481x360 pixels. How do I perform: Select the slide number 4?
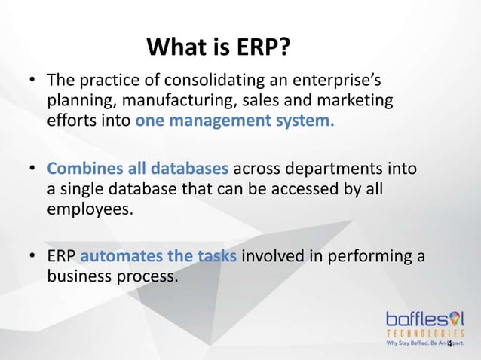[x=449, y=344]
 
